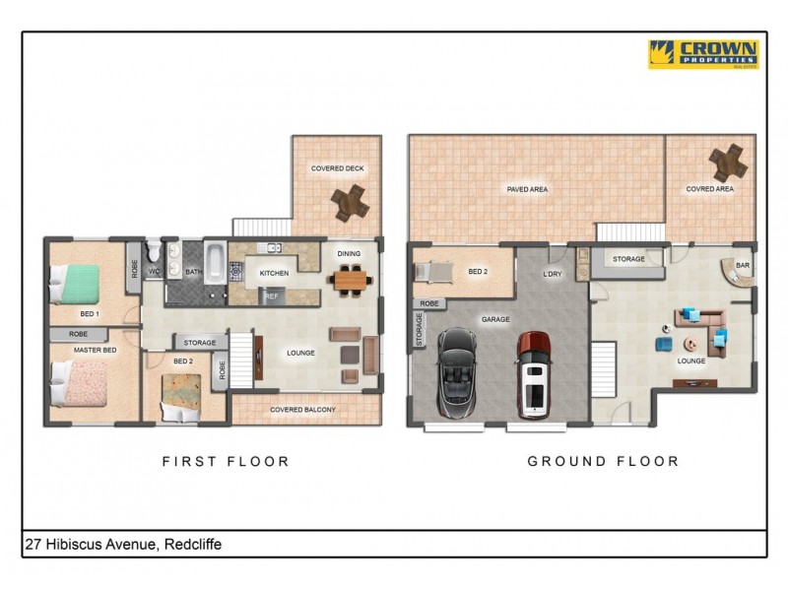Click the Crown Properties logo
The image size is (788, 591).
(703, 53)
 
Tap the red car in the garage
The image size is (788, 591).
(534, 373)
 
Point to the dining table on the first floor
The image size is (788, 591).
(350, 281)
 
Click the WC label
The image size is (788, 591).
(154, 271)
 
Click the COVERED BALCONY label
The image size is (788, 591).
(306, 410)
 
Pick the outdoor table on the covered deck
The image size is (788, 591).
(350, 202)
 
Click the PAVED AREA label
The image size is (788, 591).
(527, 189)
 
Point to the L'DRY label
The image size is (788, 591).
(552, 274)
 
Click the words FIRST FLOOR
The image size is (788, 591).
(226, 461)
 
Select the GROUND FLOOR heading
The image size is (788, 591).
(603, 461)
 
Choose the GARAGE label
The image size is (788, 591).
(494, 319)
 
